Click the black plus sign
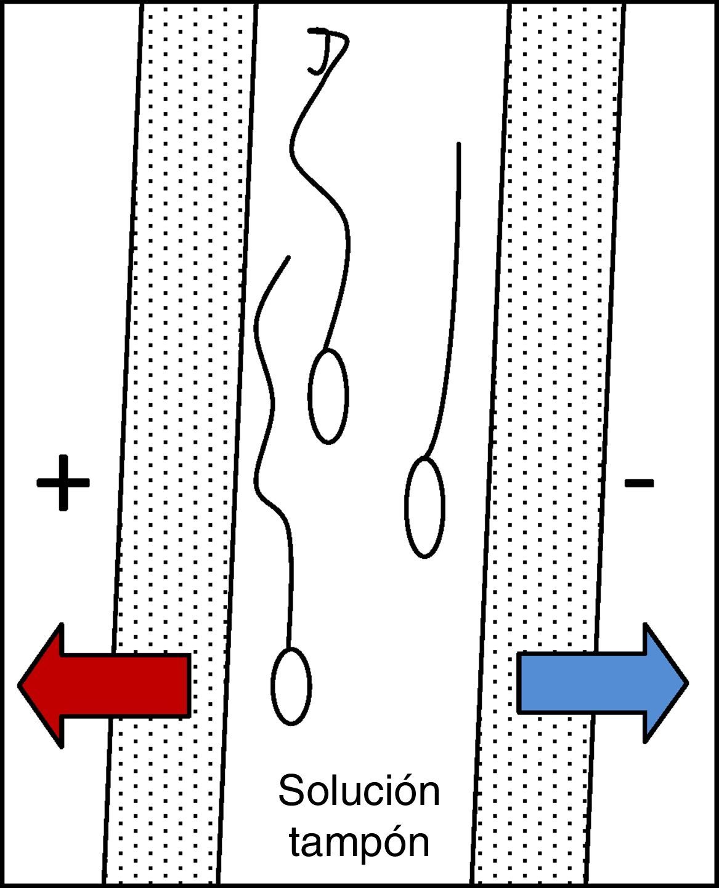pyautogui.click(x=63, y=483)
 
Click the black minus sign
pyautogui.click(x=639, y=482)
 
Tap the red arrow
pyautogui.click(x=105, y=685)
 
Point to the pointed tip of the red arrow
pyautogui.click(x=20, y=685)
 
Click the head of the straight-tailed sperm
pyautogui.click(x=424, y=508)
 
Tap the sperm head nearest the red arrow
pyautogui.click(x=291, y=686)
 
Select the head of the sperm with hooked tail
pyautogui.click(x=328, y=396)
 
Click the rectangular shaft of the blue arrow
pyautogui.click(x=579, y=683)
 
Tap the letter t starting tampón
pyautogui.click(x=296, y=843)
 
